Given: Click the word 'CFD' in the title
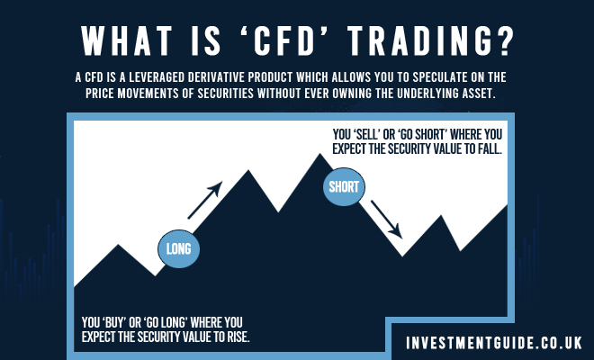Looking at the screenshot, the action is [283, 40].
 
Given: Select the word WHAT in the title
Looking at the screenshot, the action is [126, 40].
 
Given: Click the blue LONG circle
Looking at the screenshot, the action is [179, 249].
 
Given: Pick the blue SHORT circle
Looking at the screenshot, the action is [344, 187].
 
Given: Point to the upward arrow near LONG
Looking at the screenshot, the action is [205, 200].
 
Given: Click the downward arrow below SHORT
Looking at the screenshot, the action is [386, 220].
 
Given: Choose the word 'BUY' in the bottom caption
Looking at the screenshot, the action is [113, 322].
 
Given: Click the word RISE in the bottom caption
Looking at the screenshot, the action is [238, 337].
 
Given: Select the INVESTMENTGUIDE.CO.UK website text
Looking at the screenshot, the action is [493, 343].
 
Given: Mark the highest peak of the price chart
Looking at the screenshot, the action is [320, 154].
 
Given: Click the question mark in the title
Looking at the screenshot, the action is [504, 40].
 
